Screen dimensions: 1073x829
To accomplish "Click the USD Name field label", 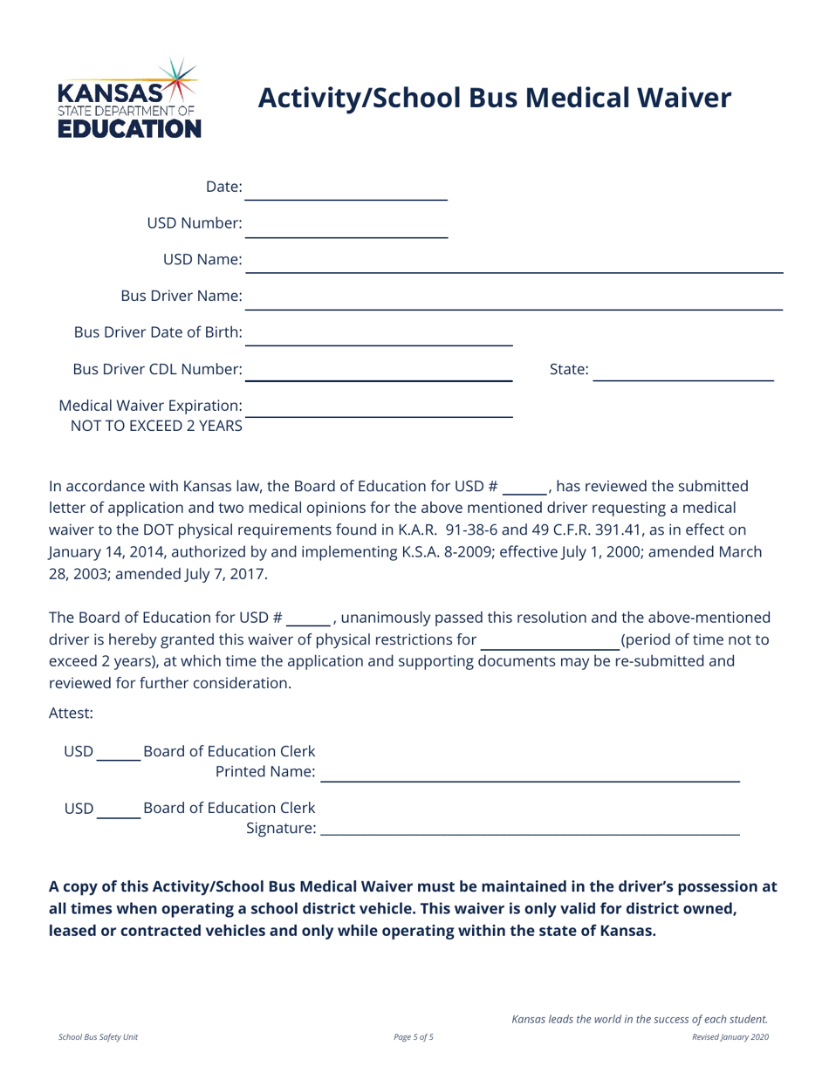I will tap(202, 260).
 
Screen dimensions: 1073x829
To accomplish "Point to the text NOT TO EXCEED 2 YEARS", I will tap(151, 426).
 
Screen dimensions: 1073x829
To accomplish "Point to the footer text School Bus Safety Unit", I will tap(98, 1037).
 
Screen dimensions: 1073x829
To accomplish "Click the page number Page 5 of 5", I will tap(414, 1037).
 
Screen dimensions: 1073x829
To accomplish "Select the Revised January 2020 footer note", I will tap(730, 1037).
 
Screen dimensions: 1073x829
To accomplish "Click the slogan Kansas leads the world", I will tap(640, 1018).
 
